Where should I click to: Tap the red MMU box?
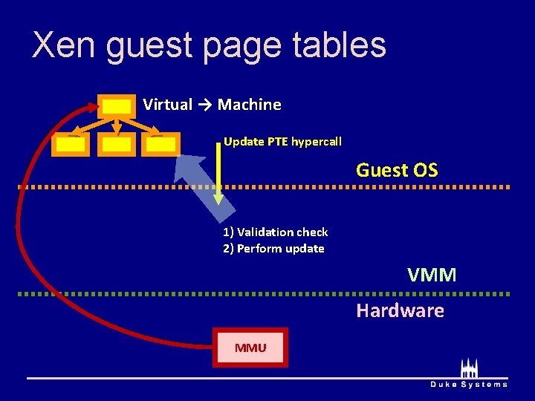250,347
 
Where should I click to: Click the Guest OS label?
397,170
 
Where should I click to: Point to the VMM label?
432,276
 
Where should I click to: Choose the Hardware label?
400,310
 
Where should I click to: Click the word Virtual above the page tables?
167,105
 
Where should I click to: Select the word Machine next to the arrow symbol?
250,105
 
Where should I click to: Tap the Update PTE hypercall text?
282,141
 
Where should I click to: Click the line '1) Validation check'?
275,232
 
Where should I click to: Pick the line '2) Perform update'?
273,249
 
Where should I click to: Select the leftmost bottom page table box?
71,145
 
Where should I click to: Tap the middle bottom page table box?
117,145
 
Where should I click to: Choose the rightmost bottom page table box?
162,145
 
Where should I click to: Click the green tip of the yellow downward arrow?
218,198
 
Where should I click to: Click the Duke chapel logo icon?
469,368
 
